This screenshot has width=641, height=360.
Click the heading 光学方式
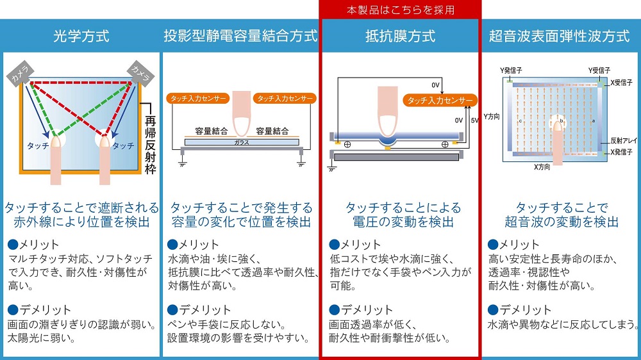[x=81, y=36]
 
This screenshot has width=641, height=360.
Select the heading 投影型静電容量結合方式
[x=240, y=36]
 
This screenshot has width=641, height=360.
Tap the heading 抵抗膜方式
[x=400, y=36]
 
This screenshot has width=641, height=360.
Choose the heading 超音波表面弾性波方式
[x=559, y=36]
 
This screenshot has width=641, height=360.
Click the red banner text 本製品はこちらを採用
[x=400, y=10]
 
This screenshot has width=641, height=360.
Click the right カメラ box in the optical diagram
[x=140, y=74]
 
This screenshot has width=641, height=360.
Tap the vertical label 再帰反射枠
[x=151, y=145]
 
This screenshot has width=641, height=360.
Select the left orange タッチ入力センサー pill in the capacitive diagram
[x=198, y=99]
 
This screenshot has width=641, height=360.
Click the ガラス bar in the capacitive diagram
[x=242, y=142]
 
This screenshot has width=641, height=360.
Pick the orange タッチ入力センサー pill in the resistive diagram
[x=440, y=101]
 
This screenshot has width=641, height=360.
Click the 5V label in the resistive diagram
[x=474, y=120]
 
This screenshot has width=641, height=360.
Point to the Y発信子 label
[x=511, y=70]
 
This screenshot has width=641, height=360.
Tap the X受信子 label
[x=621, y=83]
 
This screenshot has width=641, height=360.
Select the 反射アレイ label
[x=624, y=140]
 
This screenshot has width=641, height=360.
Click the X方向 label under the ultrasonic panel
[x=542, y=167]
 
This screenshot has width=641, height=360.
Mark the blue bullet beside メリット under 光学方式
[x=13, y=245]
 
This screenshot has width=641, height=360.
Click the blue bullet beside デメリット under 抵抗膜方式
[x=335, y=310]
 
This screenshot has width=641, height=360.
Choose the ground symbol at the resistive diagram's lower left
[x=332, y=168]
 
